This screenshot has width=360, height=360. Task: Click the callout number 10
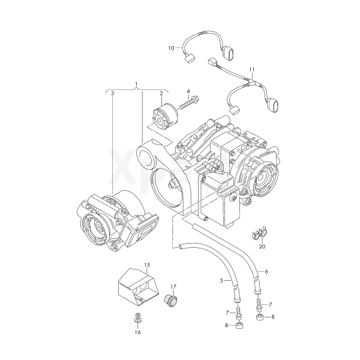coord(171,49)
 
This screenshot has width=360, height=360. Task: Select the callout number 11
coord(252,70)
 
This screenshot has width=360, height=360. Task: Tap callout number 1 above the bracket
coord(136,83)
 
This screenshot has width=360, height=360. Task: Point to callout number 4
coord(188,91)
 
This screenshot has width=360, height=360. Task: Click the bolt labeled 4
coord(190,103)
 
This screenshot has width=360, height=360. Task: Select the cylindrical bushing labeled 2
coord(165,116)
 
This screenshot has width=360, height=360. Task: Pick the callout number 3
coord(112,94)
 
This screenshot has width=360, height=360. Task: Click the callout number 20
coord(262,247)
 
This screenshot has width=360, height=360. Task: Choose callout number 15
coord(147,265)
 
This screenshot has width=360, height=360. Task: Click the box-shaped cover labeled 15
coord(138,287)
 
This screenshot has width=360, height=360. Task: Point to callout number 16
coord(138,332)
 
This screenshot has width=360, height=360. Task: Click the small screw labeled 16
coord(137,317)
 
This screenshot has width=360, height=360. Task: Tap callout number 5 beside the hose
coord(221,280)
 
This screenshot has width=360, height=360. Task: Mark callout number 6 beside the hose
coord(266,272)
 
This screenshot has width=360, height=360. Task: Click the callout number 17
coord(173,287)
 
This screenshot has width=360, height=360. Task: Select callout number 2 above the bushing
coord(161,94)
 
